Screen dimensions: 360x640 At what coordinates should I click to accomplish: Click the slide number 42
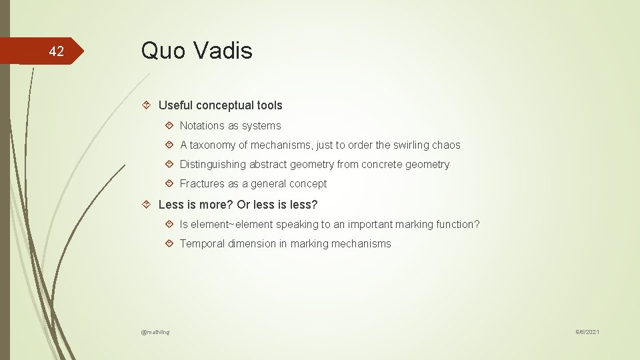(x=57, y=51)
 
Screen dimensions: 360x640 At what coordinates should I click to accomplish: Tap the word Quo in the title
(x=159, y=50)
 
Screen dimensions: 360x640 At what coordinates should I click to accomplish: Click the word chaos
(x=445, y=145)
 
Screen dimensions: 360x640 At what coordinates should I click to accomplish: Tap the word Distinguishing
(x=213, y=164)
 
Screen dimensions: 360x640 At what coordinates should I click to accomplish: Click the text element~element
(x=231, y=224)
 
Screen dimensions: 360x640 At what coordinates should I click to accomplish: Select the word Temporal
(x=203, y=243)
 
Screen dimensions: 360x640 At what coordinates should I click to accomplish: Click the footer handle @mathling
(x=155, y=331)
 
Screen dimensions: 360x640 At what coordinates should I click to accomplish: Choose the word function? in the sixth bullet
(x=457, y=224)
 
